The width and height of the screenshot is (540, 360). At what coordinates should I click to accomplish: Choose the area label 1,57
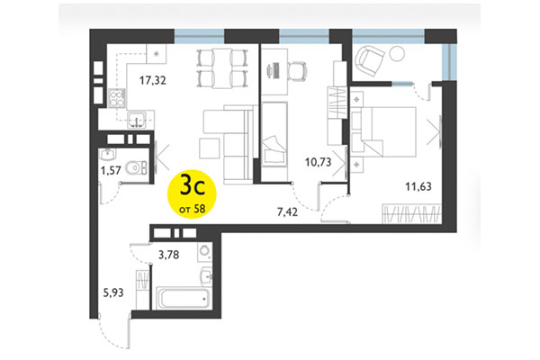(111, 168)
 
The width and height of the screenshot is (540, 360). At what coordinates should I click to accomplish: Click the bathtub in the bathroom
(183, 298)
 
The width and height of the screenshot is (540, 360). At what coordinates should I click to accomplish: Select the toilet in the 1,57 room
(134, 165)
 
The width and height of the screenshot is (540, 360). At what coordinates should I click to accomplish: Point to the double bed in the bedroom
(387, 131)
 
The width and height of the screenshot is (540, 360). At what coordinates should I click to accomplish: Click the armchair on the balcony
(372, 60)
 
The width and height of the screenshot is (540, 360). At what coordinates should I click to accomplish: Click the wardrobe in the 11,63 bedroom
(409, 215)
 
